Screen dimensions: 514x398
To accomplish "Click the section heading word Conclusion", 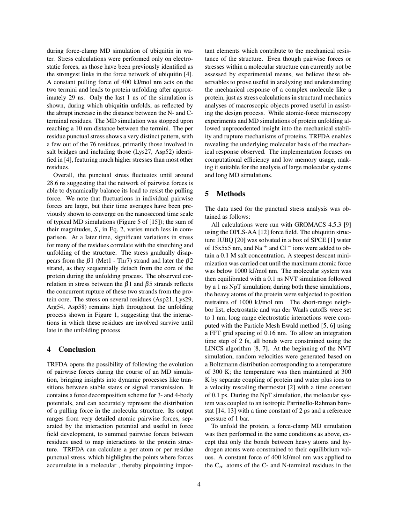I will coord(77,350).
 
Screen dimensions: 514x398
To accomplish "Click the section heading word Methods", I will coord(231,194).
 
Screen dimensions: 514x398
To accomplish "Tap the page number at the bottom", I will coord(199,484).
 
